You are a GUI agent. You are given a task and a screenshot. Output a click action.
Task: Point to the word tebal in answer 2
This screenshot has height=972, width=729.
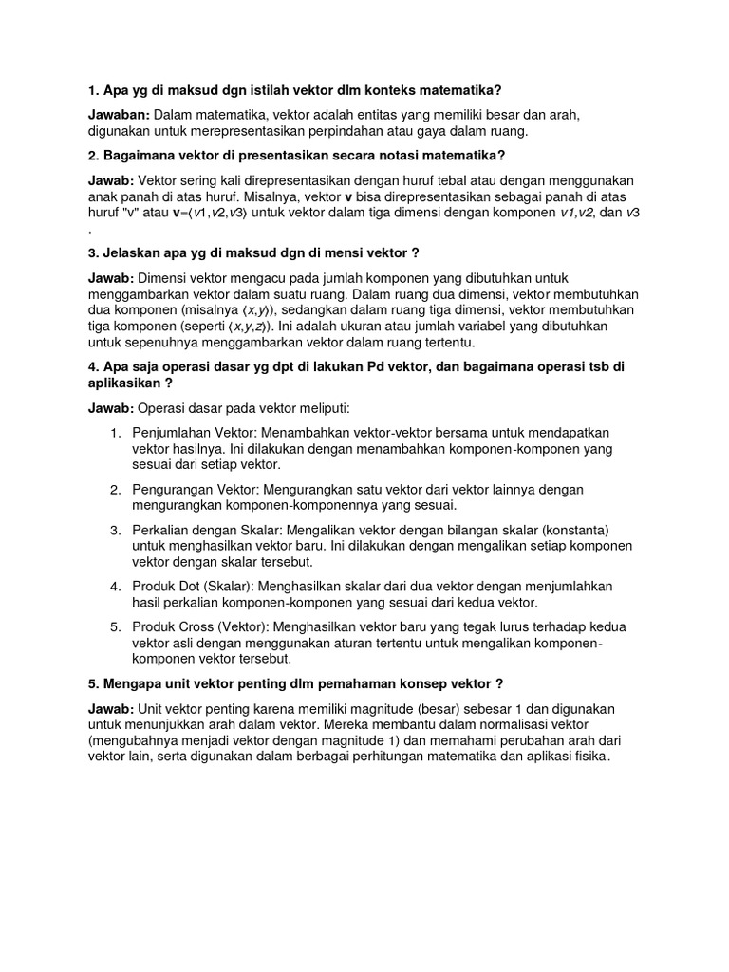click(439, 180)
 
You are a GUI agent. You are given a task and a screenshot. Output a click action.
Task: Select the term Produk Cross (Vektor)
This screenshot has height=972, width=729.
click(202, 626)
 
